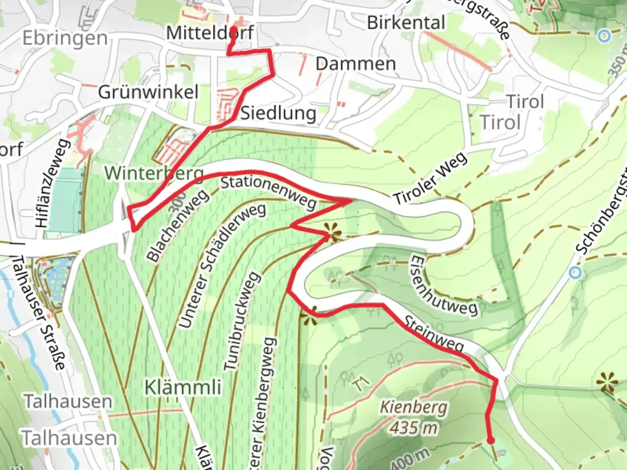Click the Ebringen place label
click(x=65, y=39)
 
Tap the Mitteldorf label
click(x=210, y=33)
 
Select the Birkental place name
click(x=406, y=23)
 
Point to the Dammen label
click(x=356, y=64)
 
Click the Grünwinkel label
click(x=148, y=92)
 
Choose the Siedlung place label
click(x=279, y=113)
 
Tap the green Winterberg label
click(x=154, y=173)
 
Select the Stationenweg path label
click(x=269, y=192)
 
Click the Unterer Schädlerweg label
click(x=222, y=266)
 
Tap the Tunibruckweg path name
click(x=243, y=321)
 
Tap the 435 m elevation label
click(x=413, y=428)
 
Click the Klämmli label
click(x=183, y=387)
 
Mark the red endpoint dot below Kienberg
click(x=491, y=441)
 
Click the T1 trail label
click(x=361, y=384)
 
